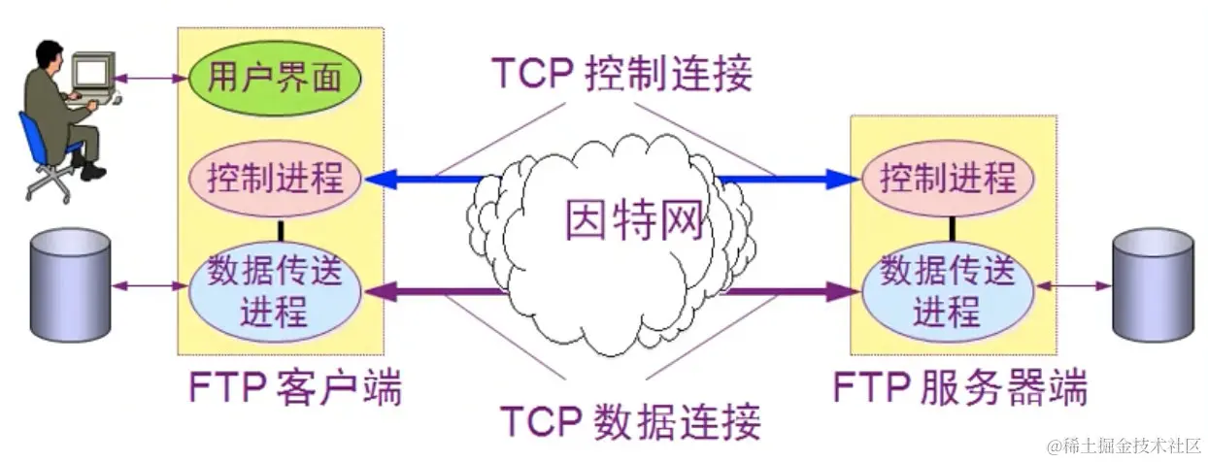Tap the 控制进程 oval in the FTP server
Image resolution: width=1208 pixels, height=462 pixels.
pos(948,179)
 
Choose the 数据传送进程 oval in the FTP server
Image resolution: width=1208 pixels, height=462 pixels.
pos(948,289)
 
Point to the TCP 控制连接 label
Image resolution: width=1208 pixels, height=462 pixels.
pos(621,74)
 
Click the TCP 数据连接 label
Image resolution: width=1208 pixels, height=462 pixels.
pos(630,421)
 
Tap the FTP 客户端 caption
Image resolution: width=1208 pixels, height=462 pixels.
pos(295,389)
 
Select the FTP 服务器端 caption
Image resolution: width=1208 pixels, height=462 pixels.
pos(960,389)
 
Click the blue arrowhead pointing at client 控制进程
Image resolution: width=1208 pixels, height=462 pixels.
pos(382,179)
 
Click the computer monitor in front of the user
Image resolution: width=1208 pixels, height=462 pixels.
pos(93,70)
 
